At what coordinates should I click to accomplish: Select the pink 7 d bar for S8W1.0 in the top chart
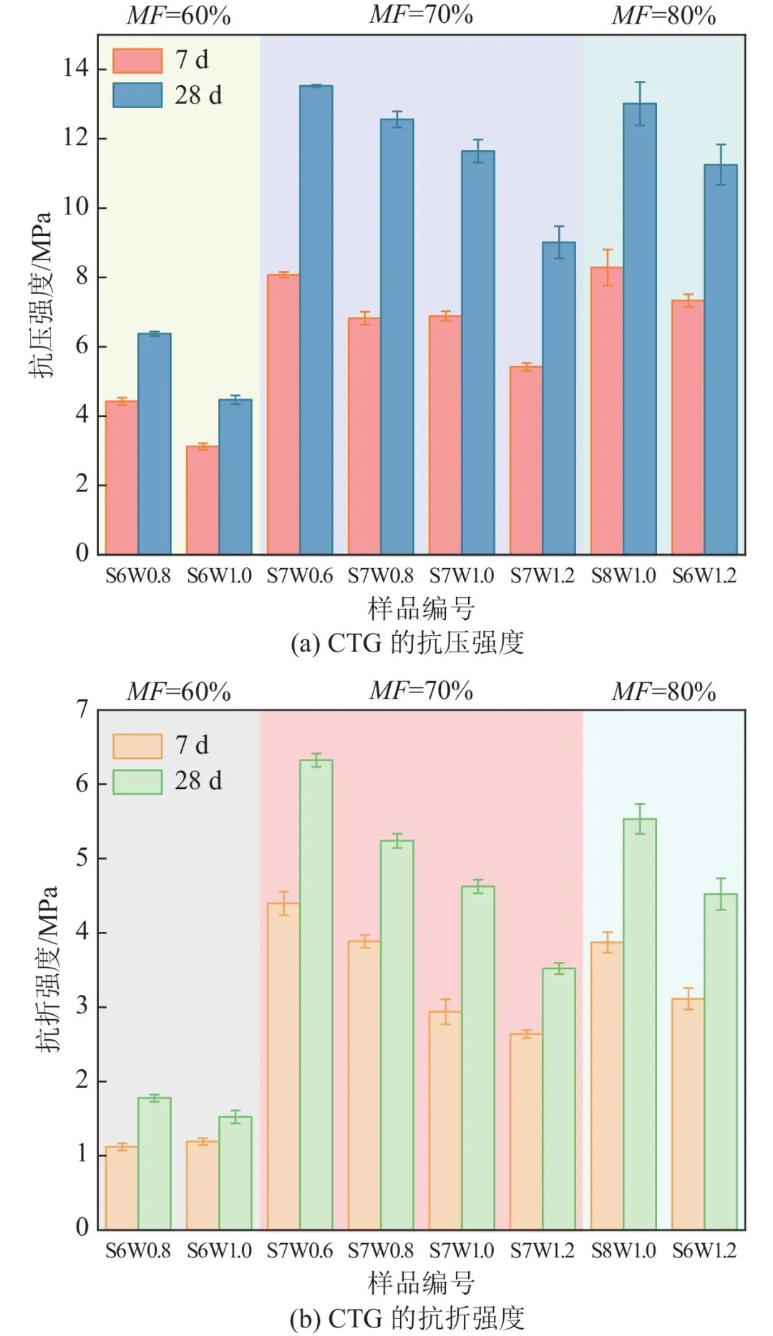click(607, 411)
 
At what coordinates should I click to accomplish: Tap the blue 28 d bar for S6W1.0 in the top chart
click(235, 476)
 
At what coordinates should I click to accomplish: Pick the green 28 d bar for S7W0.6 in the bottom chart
click(316, 994)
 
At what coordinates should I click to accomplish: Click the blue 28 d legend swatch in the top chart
click(137, 95)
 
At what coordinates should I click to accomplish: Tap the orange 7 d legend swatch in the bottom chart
click(137, 746)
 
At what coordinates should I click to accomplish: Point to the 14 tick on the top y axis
click(75, 69)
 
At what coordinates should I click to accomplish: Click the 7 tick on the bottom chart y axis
click(82, 710)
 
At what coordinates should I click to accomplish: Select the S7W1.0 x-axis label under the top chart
click(462, 576)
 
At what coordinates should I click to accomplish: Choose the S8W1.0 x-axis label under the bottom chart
click(623, 1251)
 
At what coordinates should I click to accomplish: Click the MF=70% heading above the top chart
click(421, 14)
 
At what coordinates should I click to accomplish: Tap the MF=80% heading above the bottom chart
click(663, 692)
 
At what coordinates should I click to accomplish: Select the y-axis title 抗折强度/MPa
click(46, 969)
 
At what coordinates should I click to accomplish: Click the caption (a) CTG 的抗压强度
click(407, 643)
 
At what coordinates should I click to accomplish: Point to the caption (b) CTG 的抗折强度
click(407, 1318)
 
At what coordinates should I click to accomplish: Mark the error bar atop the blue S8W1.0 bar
click(640, 103)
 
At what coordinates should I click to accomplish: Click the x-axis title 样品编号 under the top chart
click(421, 609)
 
